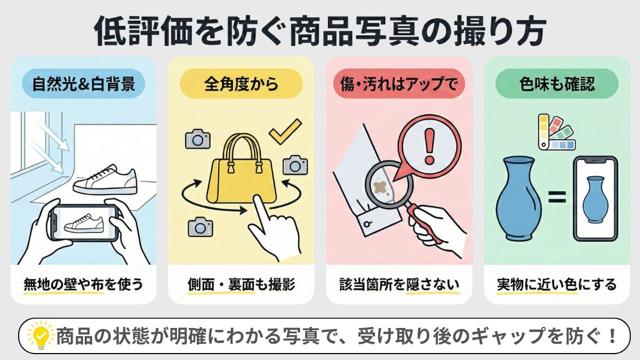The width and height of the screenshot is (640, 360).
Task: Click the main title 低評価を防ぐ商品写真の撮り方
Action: [320, 31]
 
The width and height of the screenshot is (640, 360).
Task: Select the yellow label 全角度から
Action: [241, 84]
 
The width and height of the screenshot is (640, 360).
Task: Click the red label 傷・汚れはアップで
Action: [399, 84]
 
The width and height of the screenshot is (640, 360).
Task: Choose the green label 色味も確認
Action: [557, 84]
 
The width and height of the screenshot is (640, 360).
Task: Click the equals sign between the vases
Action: [556, 199]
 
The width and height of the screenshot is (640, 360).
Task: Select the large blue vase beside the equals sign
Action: [518, 197]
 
